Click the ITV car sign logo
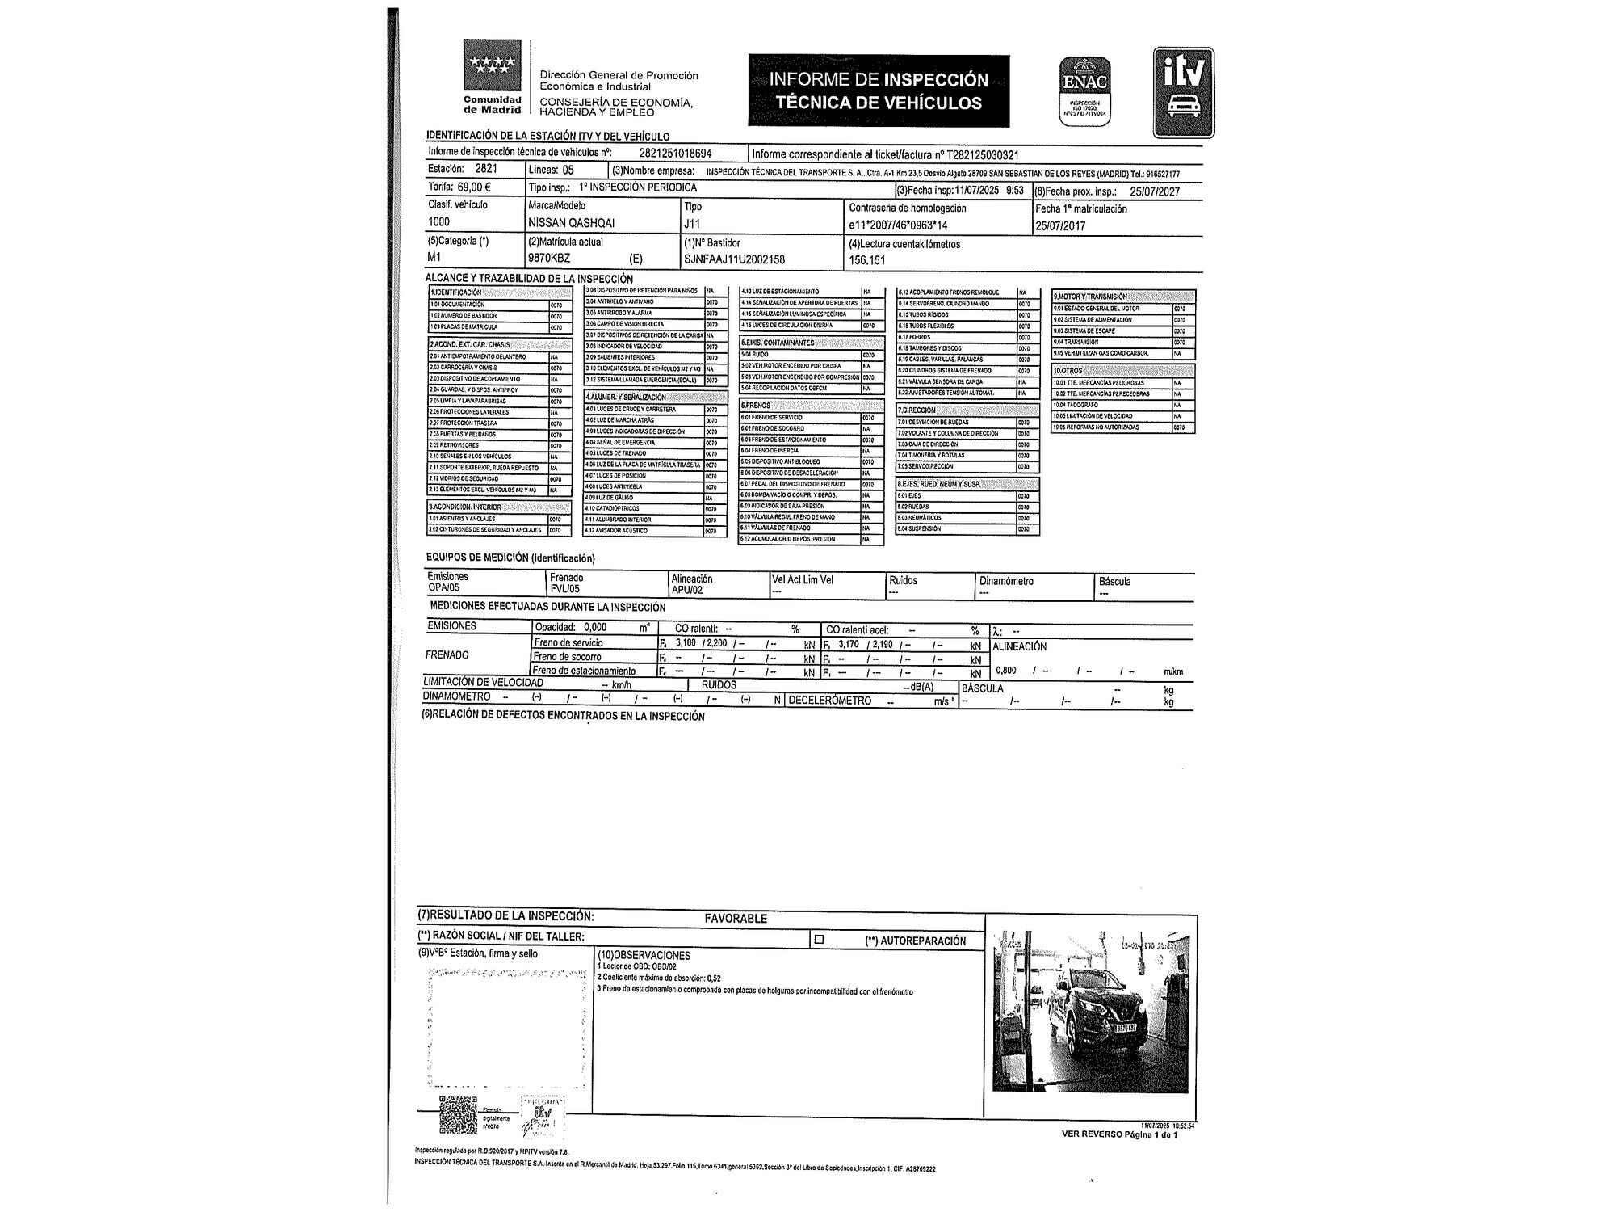[x=1183, y=92]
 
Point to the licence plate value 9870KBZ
[x=549, y=259]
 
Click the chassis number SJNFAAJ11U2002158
[x=734, y=259]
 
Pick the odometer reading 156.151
[x=867, y=260]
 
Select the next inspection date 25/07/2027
[x=1155, y=191]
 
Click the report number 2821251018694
[x=676, y=153]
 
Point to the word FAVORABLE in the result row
[x=736, y=918]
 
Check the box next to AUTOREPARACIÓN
[x=819, y=940]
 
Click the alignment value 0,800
[x=1006, y=670]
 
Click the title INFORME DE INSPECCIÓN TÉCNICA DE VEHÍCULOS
[x=879, y=90]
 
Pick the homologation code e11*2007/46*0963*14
[x=898, y=226]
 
